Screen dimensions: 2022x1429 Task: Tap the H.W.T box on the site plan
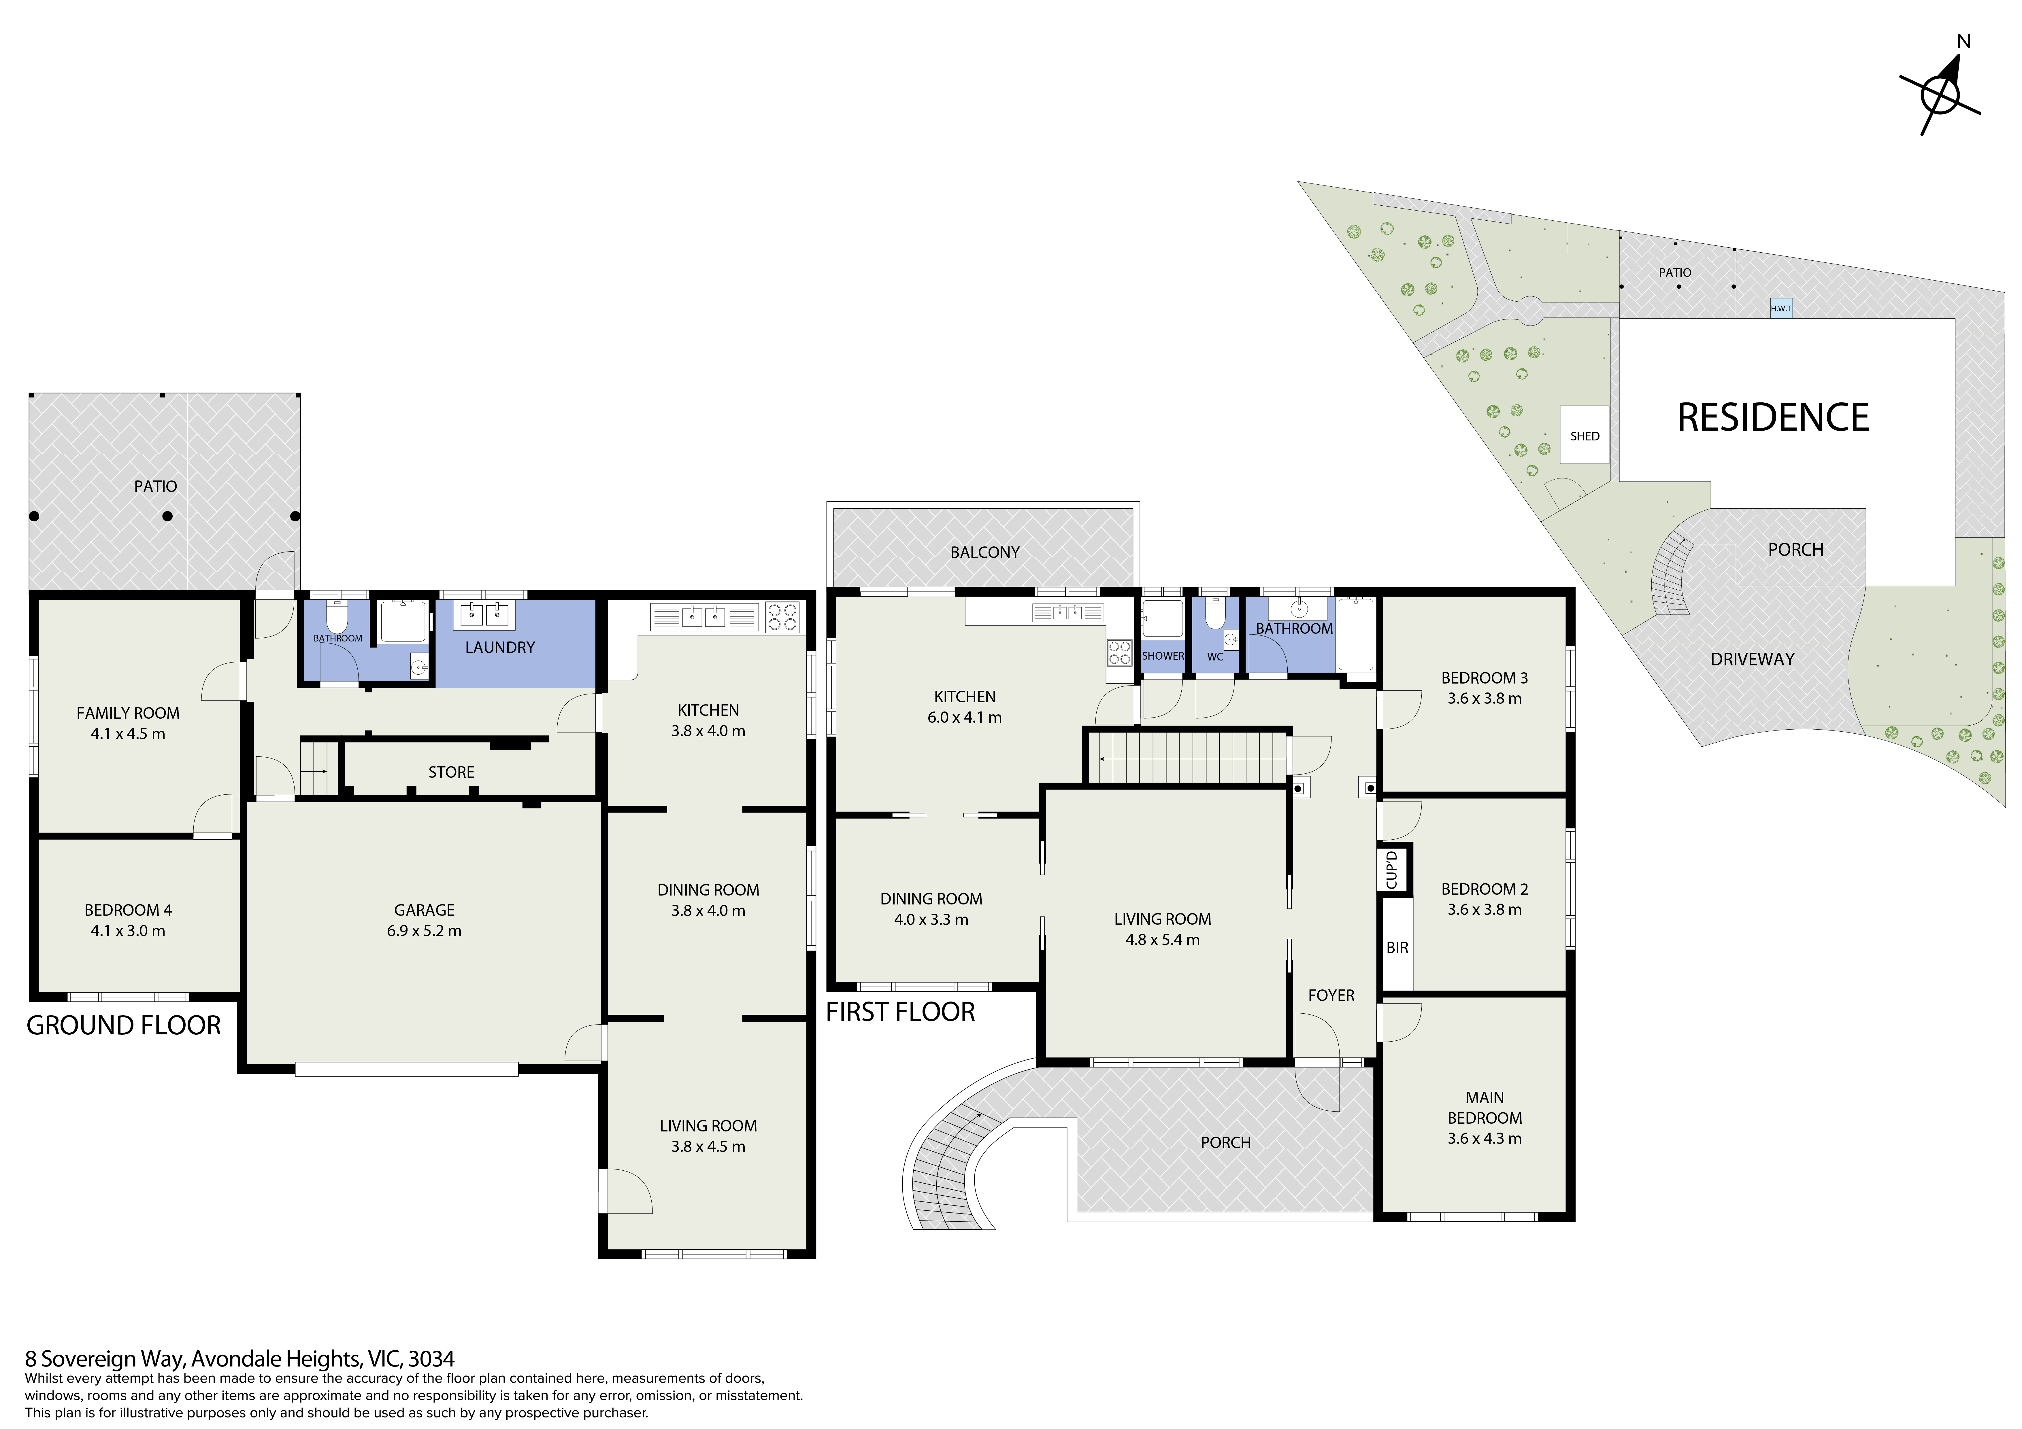point(1781,308)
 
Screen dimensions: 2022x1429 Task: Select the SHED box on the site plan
point(1584,435)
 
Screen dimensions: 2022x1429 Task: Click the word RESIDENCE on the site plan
point(1773,417)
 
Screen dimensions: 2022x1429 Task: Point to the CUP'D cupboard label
point(1391,870)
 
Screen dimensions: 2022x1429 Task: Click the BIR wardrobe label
point(1397,947)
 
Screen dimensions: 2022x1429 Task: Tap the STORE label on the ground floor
point(451,772)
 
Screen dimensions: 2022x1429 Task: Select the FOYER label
point(1331,995)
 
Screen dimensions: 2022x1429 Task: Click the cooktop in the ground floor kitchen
point(782,616)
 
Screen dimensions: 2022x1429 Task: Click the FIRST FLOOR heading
point(900,1012)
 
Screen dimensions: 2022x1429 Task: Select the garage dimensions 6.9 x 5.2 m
point(424,931)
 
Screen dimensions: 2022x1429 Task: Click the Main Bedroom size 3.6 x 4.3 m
point(1484,1138)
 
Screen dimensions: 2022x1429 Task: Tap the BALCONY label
point(984,552)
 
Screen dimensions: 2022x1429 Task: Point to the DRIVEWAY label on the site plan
point(1752,658)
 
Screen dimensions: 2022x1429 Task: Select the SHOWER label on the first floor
point(1163,656)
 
